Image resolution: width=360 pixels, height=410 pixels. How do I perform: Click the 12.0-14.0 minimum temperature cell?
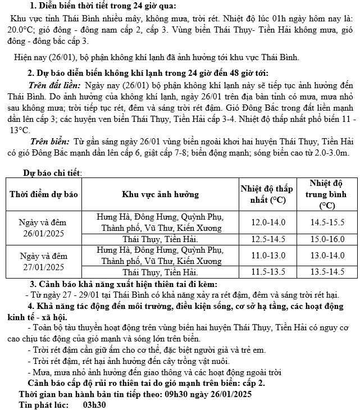click(x=268, y=222)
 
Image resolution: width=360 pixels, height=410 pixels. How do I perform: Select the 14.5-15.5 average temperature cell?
click(x=327, y=222)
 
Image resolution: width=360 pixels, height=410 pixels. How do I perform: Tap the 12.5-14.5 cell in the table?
click(x=268, y=239)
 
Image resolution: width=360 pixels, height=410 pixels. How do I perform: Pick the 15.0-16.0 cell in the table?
click(x=327, y=239)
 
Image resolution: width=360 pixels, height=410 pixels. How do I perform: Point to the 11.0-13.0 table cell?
click(x=268, y=256)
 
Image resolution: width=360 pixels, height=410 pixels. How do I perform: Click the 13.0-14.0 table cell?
click(x=327, y=256)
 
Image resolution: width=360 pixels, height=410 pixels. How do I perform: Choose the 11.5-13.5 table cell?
click(x=268, y=272)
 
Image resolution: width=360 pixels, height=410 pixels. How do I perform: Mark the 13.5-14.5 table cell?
click(x=327, y=272)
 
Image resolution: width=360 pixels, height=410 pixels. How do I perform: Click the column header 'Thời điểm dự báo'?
click(x=43, y=194)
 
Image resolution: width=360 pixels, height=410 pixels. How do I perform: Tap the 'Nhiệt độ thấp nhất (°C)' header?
click(x=268, y=194)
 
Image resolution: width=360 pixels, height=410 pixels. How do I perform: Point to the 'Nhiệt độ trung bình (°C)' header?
click(x=327, y=194)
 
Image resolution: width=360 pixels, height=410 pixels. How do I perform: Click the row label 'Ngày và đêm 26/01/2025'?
click(x=43, y=227)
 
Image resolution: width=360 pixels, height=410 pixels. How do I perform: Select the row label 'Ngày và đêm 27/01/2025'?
click(x=43, y=261)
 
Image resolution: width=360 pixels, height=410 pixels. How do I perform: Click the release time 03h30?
click(x=95, y=404)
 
